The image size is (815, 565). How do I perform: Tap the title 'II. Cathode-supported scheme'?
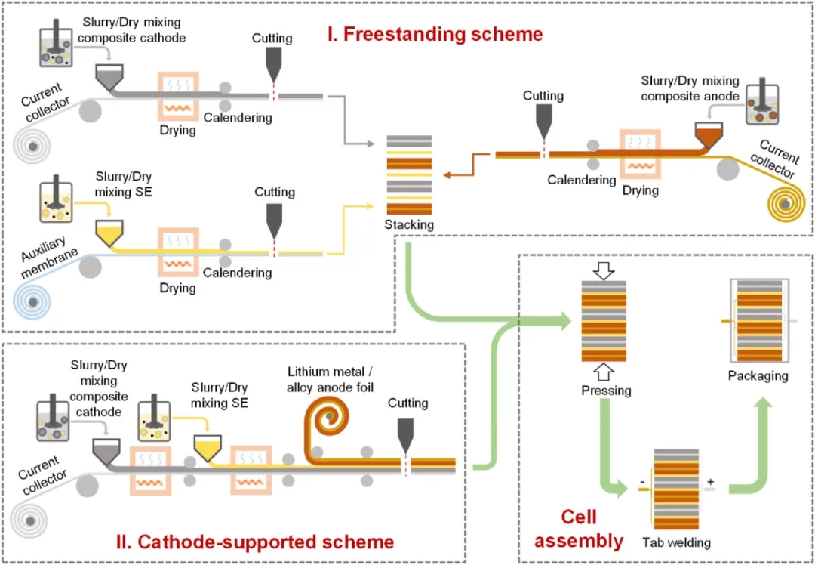(255, 541)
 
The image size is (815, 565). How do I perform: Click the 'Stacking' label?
(409, 224)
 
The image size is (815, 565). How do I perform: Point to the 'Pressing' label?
(606, 391)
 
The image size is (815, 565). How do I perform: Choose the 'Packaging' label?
(758, 375)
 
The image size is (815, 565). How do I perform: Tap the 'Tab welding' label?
(676, 542)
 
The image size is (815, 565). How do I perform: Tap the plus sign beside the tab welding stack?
(709, 481)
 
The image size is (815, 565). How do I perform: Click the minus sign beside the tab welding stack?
(641, 481)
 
